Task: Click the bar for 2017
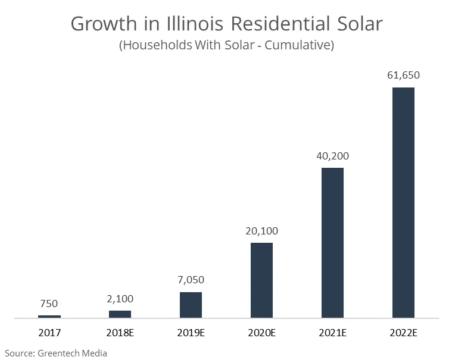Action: pos(49,316)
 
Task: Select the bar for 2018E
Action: pos(120,314)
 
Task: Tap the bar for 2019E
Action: pos(191,305)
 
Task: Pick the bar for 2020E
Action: pos(261,280)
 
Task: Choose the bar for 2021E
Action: pos(332,243)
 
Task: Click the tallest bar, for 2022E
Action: pos(403,202)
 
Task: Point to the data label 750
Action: pos(49,303)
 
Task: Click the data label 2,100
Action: pos(120,298)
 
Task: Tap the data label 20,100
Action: pos(261,231)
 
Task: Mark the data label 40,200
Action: pos(332,156)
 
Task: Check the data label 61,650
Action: pos(403,76)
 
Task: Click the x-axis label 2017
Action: pos(49,333)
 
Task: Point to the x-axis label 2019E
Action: pos(191,333)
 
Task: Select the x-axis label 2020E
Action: pos(261,333)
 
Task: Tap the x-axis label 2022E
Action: pos(403,333)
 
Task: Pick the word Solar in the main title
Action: pos(357,24)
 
